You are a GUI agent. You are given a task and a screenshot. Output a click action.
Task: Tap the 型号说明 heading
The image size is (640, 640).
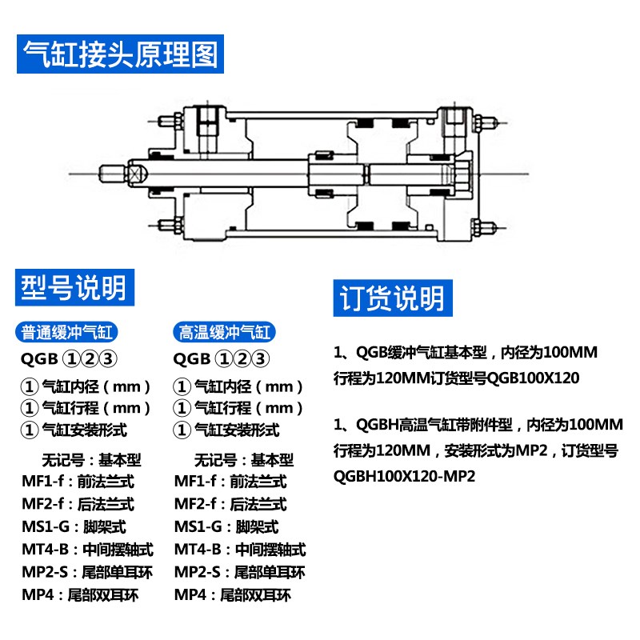73,286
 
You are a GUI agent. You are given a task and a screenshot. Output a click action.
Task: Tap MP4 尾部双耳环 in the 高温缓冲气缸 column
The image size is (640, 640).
233,595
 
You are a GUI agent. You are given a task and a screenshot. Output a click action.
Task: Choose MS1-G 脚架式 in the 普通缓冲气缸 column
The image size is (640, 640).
74,527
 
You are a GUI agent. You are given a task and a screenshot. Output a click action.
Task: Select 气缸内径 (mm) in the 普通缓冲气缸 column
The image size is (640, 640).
86,386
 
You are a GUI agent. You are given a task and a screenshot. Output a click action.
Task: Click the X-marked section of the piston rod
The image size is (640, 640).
134,174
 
